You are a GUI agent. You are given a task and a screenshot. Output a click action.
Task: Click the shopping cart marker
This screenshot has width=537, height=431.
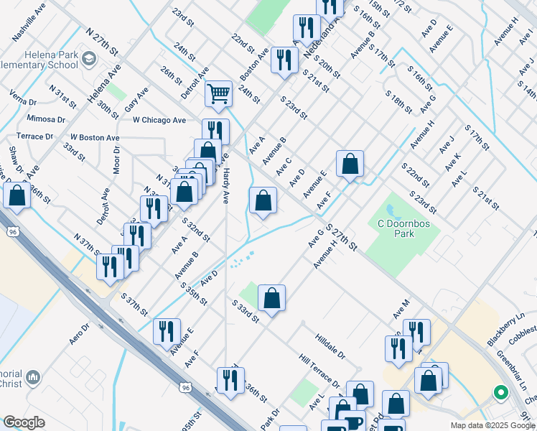coord(218,93)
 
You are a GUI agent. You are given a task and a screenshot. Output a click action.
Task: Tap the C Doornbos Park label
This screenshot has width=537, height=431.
coord(396,228)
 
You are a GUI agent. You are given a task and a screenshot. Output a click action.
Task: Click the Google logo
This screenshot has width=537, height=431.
coord(24,423)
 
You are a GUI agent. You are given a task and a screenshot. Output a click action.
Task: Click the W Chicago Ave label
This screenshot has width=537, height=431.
coord(159,120)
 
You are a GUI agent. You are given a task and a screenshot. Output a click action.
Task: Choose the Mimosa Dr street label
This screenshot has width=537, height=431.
coord(46,119)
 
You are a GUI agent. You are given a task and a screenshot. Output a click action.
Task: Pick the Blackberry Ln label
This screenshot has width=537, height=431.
coord(506,330)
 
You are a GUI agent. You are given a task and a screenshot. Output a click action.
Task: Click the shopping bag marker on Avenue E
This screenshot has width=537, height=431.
coord(350,164)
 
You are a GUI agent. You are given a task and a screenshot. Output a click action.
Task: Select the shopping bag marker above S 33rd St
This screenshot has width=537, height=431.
coord(272,298)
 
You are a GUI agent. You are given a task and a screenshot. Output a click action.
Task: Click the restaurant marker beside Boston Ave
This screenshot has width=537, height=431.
coord(284,60)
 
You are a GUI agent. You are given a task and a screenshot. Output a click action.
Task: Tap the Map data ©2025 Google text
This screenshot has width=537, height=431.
coord(492,425)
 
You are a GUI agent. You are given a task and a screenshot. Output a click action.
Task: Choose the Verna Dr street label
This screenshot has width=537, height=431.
coord(24,97)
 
